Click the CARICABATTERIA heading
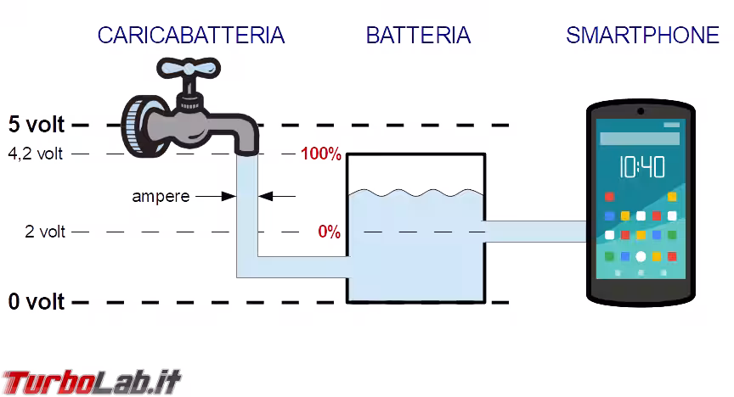pyautogui.click(x=190, y=36)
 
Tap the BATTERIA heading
pyautogui.click(x=418, y=36)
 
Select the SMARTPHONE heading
pyautogui.click(x=642, y=36)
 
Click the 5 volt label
pyautogui.click(x=36, y=125)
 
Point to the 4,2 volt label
pyautogui.click(x=36, y=154)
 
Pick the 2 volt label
pyautogui.click(x=44, y=232)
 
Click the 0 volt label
pyautogui.click(x=36, y=301)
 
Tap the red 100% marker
pyautogui.click(x=320, y=154)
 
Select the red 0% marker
pyautogui.click(x=329, y=232)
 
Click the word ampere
pyautogui.click(x=161, y=197)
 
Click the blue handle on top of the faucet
pyautogui.click(x=187, y=69)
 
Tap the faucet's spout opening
pyautogui.click(x=246, y=153)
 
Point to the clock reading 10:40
pyautogui.click(x=641, y=166)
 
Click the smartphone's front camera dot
pyautogui.click(x=641, y=111)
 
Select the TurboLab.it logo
pyautogui.click(x=91, y=382)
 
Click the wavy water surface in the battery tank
pyautogui.click(x=415, y=193)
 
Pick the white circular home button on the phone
pyautogui.click(x=641, y=256)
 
